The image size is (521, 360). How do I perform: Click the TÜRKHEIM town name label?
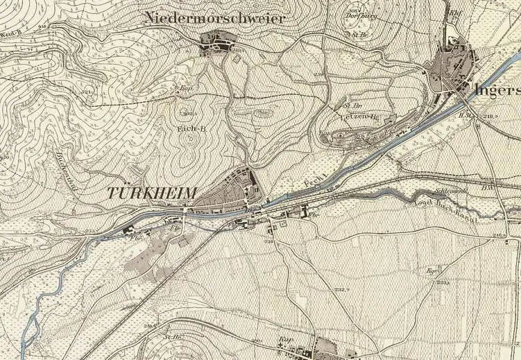(153, 194)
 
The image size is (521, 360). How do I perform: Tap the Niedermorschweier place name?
(214, 19)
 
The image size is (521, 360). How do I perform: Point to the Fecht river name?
(315, 184)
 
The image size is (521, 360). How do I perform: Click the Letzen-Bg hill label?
(358, 117)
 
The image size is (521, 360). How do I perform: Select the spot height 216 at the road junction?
(499, 237)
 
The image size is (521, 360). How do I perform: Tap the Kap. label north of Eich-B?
(186, 88)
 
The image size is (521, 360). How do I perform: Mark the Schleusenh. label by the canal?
(450, 189)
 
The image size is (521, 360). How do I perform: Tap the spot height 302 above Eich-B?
(187, 112)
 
